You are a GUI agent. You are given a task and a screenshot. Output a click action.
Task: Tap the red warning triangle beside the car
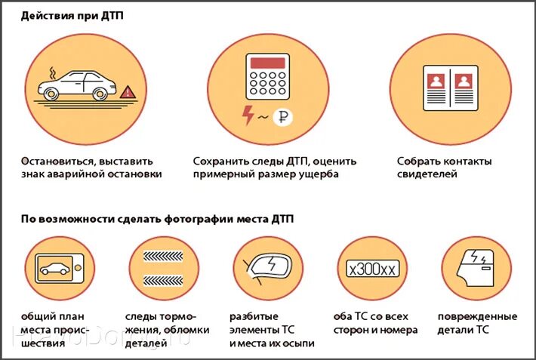[x=128, y=91]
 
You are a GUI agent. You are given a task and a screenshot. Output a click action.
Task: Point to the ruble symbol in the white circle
[x=284, y=117]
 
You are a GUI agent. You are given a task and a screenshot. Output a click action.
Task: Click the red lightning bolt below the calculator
[x=248, y=115]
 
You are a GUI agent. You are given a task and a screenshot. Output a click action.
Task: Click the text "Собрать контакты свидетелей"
[x=444, y=168]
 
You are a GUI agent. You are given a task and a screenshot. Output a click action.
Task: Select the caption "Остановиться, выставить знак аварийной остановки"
[x=91, y=168]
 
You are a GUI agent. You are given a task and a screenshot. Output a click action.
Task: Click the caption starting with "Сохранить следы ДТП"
[x=275, y=168]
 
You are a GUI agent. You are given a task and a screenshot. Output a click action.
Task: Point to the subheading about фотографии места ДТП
[x=158, y=219]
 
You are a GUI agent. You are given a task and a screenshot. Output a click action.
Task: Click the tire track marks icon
[x=163, y=269]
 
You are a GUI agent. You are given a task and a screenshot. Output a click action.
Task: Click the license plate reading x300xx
[x=371, y=269]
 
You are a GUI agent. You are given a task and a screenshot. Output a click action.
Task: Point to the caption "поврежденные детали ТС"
[x=477, y=323]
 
